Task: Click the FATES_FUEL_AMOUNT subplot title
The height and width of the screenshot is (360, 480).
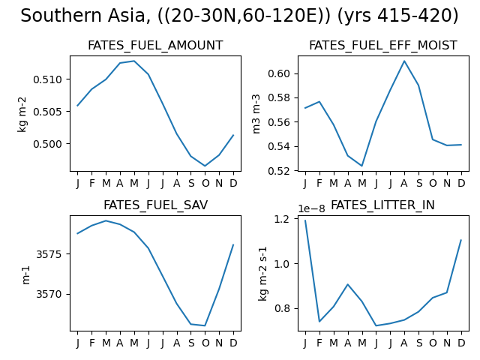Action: pos(155,45)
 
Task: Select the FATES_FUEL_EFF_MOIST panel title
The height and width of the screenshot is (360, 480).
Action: pos(383,45)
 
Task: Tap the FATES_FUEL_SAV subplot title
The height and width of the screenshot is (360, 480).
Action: pos(155,205)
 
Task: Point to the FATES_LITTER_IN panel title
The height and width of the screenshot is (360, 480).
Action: pos(382,205)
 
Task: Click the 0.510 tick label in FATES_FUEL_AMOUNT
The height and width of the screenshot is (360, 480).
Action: pos(47,79)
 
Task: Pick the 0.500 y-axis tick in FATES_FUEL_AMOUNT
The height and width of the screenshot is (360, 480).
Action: pos(47,144)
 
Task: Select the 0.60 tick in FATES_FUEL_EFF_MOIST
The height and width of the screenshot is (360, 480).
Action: pos(279,73)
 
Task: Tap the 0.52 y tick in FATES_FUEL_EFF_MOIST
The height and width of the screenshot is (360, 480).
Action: pos(279,171)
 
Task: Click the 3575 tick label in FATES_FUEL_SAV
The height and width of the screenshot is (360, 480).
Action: pos(49,254)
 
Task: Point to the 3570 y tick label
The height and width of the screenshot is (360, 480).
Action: pos(49,294)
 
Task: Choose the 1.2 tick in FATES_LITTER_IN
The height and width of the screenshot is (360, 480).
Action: pos(282,219)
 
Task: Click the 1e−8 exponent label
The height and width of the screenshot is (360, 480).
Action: pos(311,208)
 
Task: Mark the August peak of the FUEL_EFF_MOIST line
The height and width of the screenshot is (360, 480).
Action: pos(404,61)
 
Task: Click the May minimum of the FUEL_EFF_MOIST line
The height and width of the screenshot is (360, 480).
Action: pos(362,166)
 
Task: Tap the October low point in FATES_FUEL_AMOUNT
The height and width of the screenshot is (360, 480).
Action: pos(205,166)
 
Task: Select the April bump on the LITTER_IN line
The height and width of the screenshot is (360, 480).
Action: pos(348,284)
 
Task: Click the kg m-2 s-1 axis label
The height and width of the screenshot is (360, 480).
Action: pos(262,274)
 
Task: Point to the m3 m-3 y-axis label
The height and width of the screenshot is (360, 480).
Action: pos(256,114)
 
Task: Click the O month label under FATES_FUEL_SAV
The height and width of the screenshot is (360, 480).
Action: pos(205,343)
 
